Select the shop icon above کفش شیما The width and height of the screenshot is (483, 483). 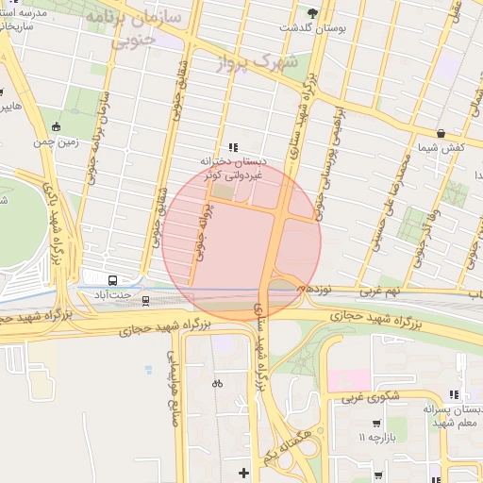[x=441, y=133]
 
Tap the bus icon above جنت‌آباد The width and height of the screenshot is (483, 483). [x=113, y=280]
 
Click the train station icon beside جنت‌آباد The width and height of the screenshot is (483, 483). [x=145, y=300]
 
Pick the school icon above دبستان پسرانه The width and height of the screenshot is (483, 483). [x=455, y=395]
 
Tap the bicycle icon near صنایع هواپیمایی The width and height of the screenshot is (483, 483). [x=217, y=383]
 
